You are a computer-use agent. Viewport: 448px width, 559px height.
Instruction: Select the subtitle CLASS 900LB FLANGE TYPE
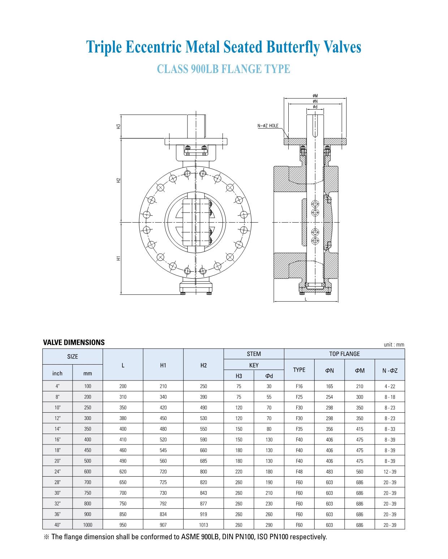(x=223, y=69)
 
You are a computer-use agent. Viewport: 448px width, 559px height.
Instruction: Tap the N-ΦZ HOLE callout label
(x=268, y=126)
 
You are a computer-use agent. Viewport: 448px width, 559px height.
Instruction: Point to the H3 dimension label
(x=119, y=126)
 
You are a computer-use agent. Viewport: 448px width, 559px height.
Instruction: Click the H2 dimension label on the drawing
(x=119, y=180)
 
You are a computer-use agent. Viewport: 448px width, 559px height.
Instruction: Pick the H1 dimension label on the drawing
(x=119, y=258)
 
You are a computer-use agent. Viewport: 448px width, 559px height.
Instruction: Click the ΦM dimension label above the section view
(x=315, y=96)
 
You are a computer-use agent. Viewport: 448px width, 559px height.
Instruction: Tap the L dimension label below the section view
(x=306, y=299)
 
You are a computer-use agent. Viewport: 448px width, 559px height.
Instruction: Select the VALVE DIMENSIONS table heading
(x=74, y=342)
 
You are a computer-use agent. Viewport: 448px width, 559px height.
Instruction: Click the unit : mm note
(x=394, y=344)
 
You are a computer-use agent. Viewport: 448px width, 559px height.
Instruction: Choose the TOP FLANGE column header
(x=344, y=354)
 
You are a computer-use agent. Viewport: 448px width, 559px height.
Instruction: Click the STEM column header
(x=254, y=354)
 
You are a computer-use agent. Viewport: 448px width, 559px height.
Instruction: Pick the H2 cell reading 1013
(x=203, y=525)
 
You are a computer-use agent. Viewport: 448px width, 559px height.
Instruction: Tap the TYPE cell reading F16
(x=299, y=386)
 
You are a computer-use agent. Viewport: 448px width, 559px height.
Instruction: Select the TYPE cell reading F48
(x=299, y=472)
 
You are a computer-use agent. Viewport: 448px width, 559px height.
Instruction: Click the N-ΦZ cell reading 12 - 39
(x=390, y=472)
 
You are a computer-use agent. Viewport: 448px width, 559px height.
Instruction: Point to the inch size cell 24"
(x=57, y=472)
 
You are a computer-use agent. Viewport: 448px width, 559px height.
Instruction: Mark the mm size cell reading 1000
(x=87, y=525)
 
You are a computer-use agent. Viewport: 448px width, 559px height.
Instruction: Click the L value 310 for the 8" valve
(x=123, y=397)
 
